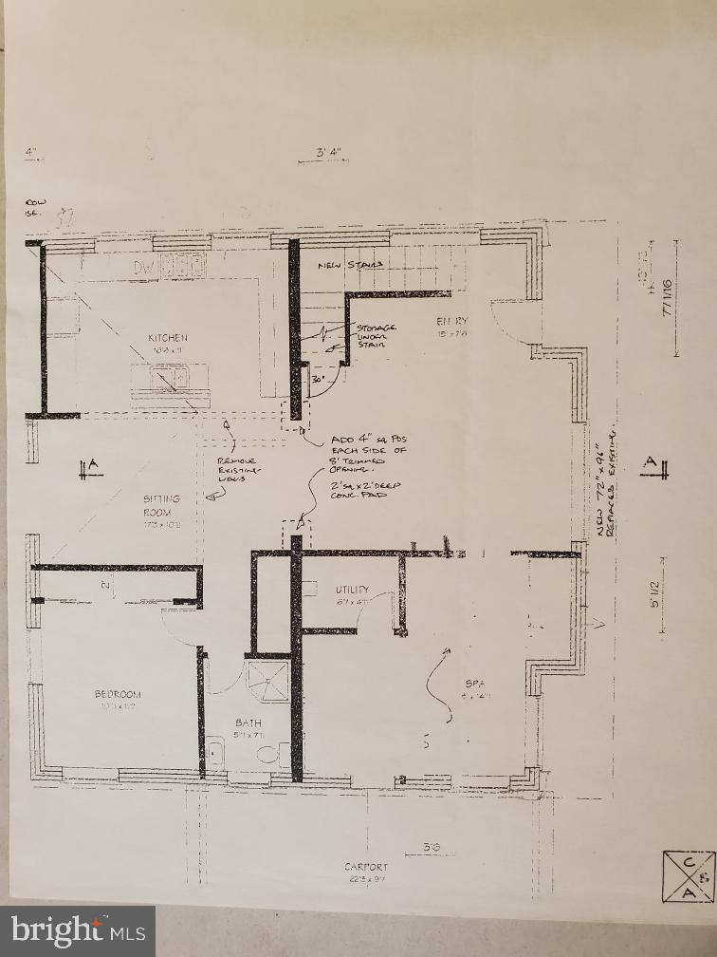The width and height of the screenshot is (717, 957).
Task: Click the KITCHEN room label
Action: pyautogui.click(x=167, y=338)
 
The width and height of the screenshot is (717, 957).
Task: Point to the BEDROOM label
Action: pyautogui.click(x=118, y=694)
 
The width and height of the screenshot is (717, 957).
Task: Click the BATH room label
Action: pyautogui.click(x=248, y=723)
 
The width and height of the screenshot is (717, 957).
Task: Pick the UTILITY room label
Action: pyautogui.click(x=351, y=590)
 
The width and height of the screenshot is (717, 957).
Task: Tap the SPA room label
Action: pyautogui.click(x=475, y=684)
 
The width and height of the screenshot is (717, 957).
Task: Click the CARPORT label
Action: pyautogui.click(x=367, y=867)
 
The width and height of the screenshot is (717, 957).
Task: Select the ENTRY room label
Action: pyautogui.click(x=452, y=322)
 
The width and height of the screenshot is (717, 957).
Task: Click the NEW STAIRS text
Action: pyautogui.click(x=350, y=265)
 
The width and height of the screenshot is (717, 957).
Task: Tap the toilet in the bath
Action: pyautogui.click(x=269, y=756)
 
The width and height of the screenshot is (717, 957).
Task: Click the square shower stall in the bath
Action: pyautogui.click(x=268, y=681)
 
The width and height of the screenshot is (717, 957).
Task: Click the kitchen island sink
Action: pyautogui.click(x=170, y=380)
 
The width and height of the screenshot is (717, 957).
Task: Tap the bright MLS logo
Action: pyautogui.click(x=78, y=930)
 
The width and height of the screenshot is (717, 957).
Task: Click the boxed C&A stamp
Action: pyautogui.click(x=688, y=875)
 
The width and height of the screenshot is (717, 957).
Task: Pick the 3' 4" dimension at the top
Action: pyautogui.click(x=328, y=152)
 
